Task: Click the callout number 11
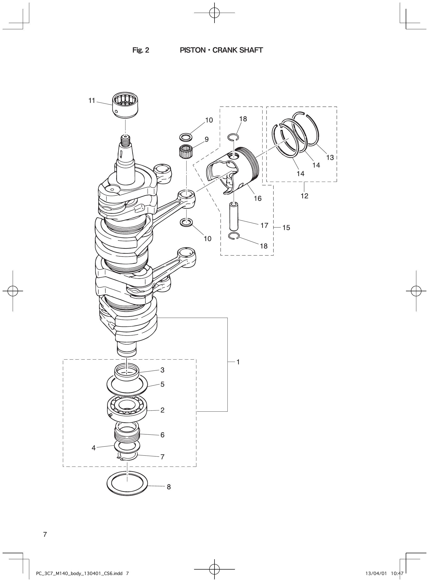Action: point(92,100)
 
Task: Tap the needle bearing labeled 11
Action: point(125,106)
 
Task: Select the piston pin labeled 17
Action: point(234,216)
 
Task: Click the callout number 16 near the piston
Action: point(258,199)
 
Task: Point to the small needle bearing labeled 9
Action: point(186,150)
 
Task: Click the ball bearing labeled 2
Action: point(127,410)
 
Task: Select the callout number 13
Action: point(330,157)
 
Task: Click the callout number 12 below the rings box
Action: point(304,196)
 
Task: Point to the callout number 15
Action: point(286,228)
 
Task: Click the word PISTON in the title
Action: point(193,50)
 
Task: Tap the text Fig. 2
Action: point(141,50)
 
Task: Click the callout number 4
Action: point(93,448)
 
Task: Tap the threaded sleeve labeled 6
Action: point(127,434)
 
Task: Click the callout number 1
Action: point(238,362)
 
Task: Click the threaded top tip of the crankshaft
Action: point(125,140)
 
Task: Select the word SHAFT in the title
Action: point(251,50)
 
